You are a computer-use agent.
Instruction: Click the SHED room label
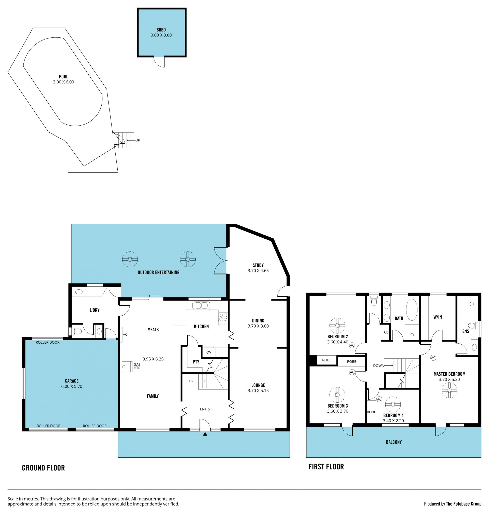click(161, 30)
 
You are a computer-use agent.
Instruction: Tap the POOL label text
click(63, 77)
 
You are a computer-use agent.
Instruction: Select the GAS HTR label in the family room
click(137, 366)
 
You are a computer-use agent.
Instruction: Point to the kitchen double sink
click(201, 305)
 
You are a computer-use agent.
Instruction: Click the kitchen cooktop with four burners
click(223, 317)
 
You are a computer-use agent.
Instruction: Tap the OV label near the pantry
click(209, 352)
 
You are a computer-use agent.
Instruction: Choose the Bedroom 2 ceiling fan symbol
click(337, 326)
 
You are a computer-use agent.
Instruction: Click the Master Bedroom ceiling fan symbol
click(449, 390)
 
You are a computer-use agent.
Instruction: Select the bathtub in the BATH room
click(412, 310)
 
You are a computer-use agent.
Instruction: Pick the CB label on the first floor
click(386, 332)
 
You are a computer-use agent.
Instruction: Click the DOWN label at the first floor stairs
click(378, 366)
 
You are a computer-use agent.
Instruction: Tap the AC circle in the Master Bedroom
click(433, 358)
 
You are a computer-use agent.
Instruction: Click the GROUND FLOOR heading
click(43, 468)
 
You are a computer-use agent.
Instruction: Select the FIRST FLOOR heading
click(326, 467)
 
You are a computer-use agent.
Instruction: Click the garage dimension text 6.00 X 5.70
click(72, 386)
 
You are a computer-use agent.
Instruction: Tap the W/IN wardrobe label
click(438, 317)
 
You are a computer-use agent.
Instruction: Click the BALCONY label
click(394, 442)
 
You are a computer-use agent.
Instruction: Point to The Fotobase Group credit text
click(464, 504)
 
